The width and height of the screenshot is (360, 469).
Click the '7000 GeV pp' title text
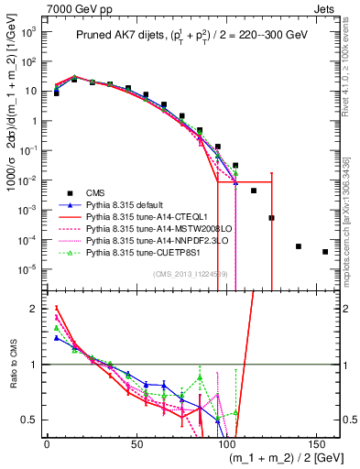tap(71, 8)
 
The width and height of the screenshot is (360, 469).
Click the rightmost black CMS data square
tap(325, 252)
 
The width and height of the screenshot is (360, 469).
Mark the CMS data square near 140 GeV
tap(299, 246)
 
